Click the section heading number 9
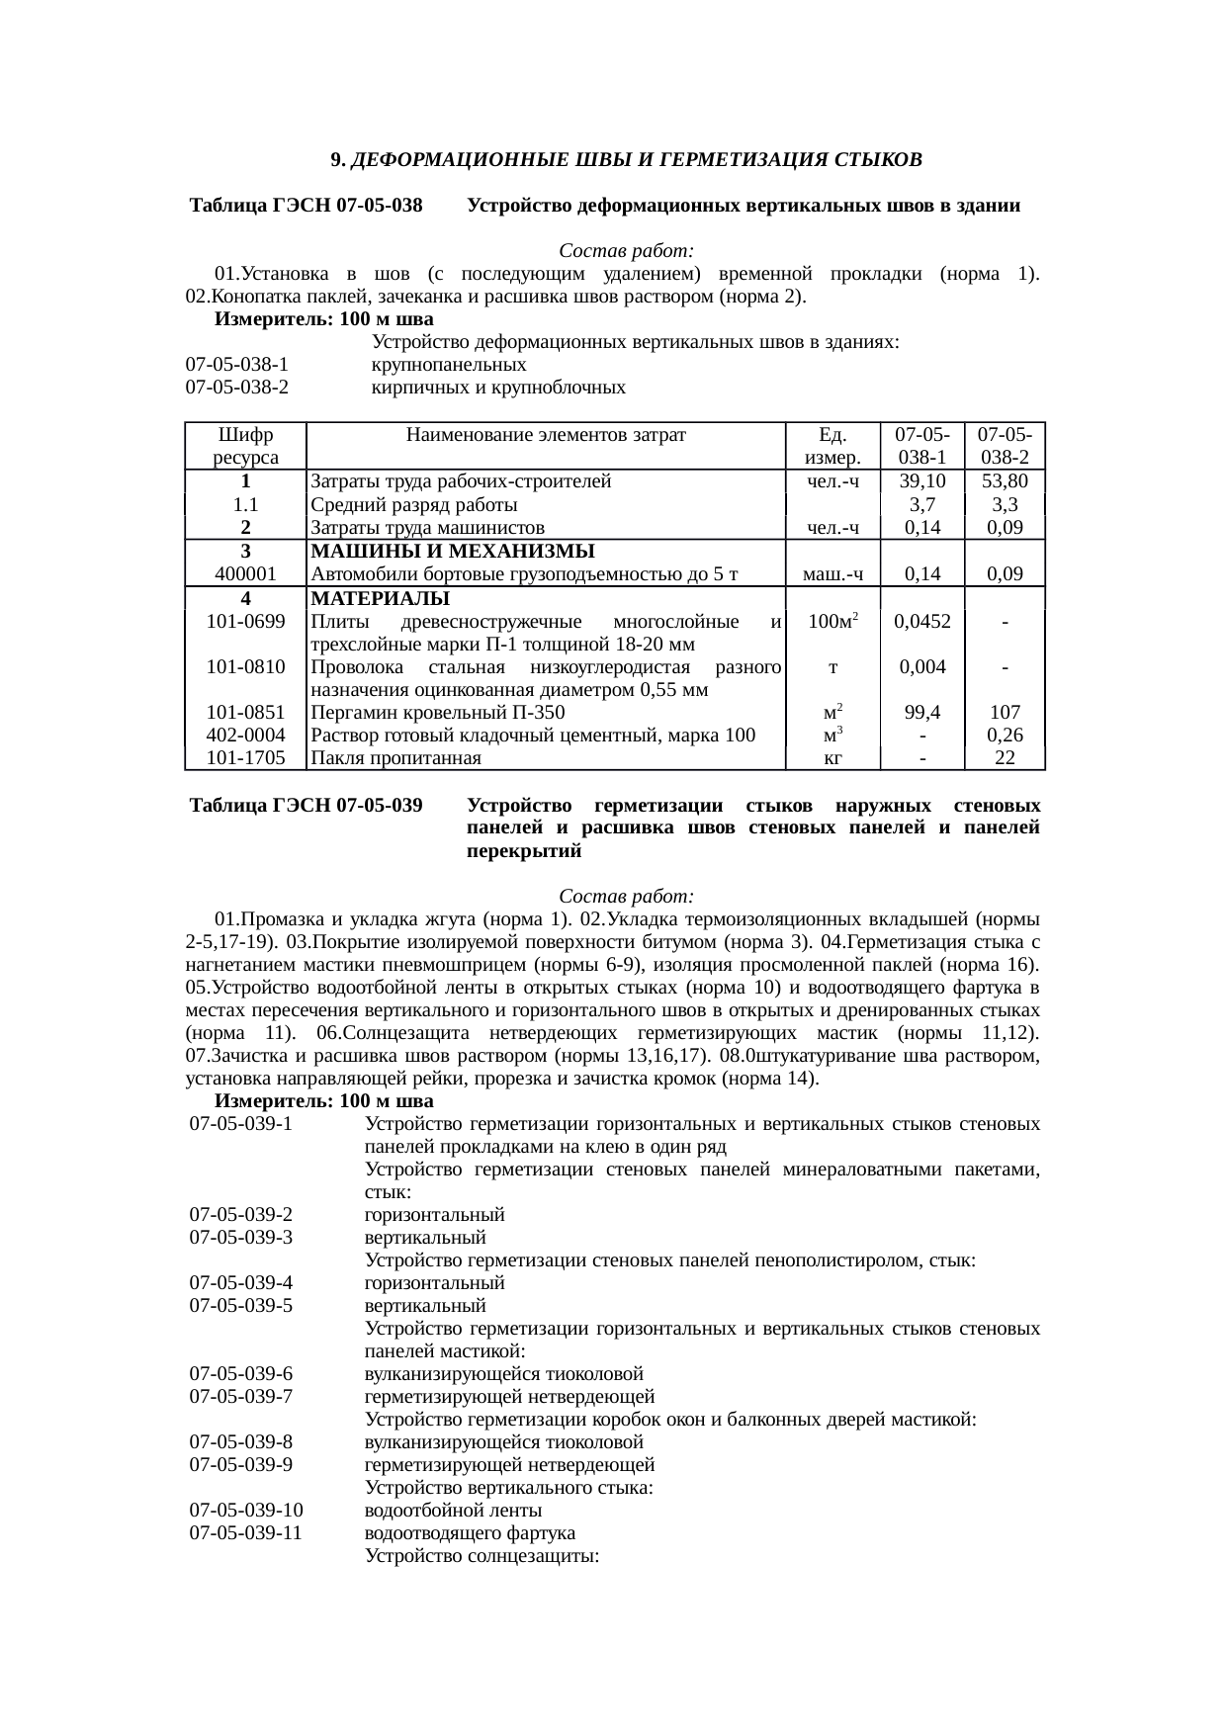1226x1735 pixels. tap(336, 159)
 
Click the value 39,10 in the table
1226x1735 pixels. tap(921, 481)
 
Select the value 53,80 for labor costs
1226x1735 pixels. tap(1005, 481)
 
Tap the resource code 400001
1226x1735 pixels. tap(244, 573)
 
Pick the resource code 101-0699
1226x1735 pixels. tap(244, 621)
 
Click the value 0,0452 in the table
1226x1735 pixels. tap(921, 621)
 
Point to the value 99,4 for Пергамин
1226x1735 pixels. tap(921, 712)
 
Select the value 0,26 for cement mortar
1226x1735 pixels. tap(1005, 735)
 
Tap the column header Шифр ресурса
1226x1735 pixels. tap(244, 446)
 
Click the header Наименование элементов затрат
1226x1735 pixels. tap(545, 434)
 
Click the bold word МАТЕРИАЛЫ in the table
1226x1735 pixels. tap(380, 598)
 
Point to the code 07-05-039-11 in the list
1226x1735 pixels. tap(246, 1533)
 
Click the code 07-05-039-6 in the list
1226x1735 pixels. tap(241, 1374)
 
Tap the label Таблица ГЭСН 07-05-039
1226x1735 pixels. tap(306, 805)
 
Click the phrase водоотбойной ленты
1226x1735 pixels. tap(453, 1511)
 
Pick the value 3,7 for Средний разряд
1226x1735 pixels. tap(921, 505)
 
